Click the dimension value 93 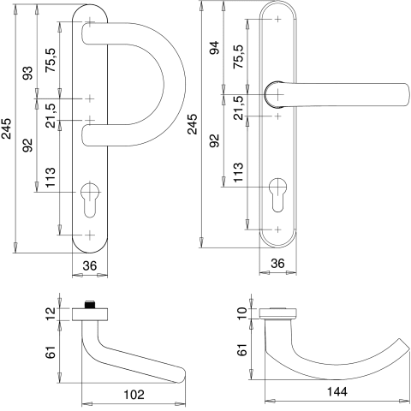click(28, 73)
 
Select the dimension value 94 click(214, 48)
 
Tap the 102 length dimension click(134, 395)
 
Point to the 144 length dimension click(337, 392)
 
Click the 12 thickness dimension click(51, 314)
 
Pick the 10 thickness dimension click(242, 313)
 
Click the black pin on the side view click(90, 305)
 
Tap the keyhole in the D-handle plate click(90, 200)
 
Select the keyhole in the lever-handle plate click(277, 195)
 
